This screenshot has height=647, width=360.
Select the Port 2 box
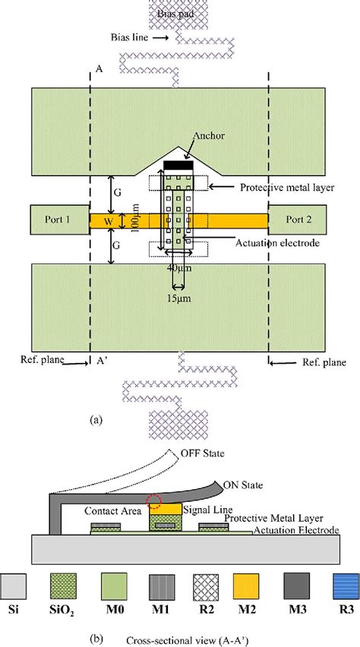pos(300,219)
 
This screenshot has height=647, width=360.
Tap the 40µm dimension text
pos(176,268)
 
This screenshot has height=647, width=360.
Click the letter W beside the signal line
pos(106,222)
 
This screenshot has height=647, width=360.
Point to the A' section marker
pos(101,362)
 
